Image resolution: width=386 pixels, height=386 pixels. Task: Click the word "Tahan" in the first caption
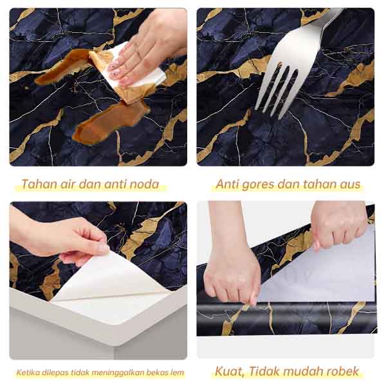pos(37,185)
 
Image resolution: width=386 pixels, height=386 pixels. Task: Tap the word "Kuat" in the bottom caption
pos(228,372)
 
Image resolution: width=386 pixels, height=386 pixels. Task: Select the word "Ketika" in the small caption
pos(28,372)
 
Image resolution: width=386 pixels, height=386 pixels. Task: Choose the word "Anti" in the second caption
pos(227,185)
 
